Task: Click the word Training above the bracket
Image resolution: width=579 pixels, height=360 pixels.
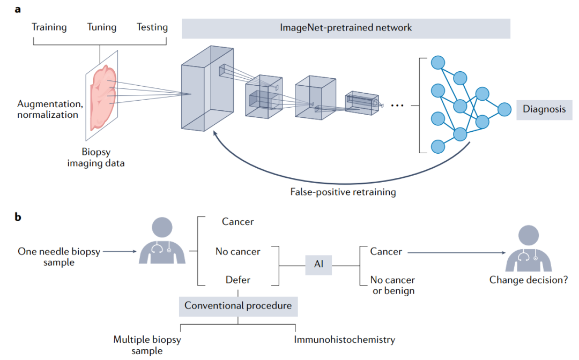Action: [x=49, y=27]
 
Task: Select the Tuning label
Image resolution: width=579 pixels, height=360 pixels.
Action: [x=102, y=27]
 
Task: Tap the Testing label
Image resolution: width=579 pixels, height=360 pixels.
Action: [x=152, y=27]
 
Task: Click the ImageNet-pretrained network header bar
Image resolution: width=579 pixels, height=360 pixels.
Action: [x=346, y=28]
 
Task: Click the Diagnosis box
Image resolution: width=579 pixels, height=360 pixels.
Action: [x=544, y=109]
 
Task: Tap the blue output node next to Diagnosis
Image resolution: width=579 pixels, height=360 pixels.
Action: [x=504, y=109]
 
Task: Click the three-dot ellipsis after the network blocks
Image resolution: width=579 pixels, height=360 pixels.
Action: [x=397, y=106]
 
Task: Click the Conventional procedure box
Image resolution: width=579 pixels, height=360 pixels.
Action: [x=238, y=306]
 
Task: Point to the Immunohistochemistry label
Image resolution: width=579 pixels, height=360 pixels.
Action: [x=344, y=339]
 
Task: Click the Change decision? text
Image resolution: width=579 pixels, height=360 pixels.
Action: [x=529, y=280]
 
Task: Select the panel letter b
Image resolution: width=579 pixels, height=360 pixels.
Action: [x=18, y=217]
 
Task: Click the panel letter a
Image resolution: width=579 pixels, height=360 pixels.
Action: [x=18, y=9]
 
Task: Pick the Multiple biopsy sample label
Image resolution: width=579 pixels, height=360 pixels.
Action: [x=147, y=344]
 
